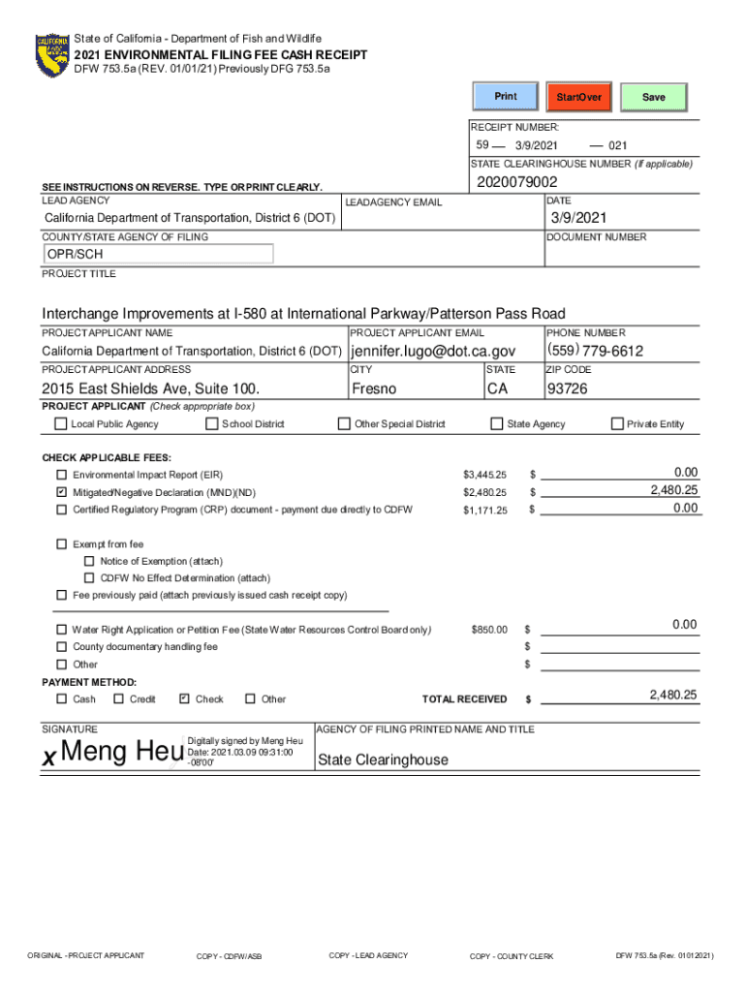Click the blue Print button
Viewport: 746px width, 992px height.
tap(506, 97)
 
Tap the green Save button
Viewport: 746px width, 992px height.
tap(654, 97)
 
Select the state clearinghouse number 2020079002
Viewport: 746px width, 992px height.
tap(516, 182)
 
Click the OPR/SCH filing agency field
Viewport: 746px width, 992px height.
tap(159, 254)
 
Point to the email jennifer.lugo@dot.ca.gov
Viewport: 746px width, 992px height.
tap(433, 351)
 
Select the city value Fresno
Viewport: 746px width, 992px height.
tap(374, 388)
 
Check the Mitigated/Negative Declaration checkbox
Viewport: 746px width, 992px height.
tap(62, 492)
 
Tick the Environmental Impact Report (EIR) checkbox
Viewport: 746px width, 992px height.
tap(62, 476)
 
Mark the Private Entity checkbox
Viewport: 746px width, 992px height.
tap(617, 423)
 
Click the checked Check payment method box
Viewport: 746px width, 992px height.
tap(184, 698)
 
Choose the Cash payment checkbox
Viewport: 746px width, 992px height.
tap(62, 698)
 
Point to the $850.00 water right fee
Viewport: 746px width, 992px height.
tap(488, 630)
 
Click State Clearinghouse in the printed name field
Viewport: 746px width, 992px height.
tap(383, 759)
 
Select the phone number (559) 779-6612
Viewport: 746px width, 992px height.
tap(595, 351)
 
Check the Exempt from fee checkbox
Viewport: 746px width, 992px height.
tap(62, 544)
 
